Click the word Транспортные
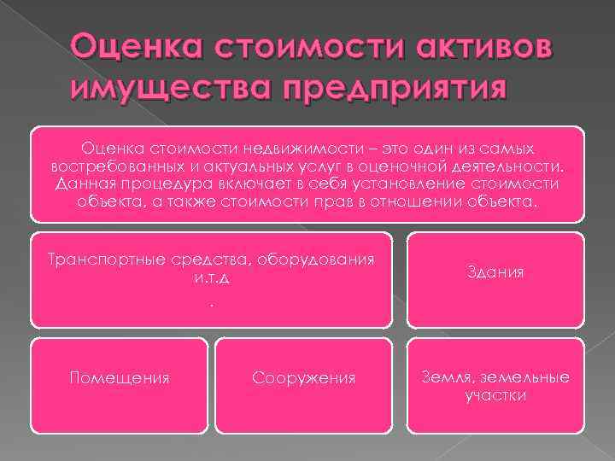tap(100, 260)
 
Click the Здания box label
tap(495, 273)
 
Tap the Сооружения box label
tap(304, 377)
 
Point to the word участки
tap(495, 394)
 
